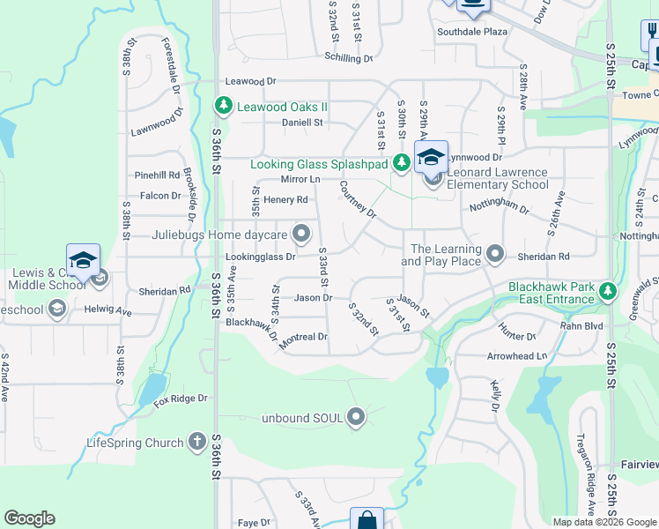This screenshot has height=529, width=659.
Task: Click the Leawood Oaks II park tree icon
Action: (224, 107)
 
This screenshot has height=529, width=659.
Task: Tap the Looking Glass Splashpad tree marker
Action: (401, 162)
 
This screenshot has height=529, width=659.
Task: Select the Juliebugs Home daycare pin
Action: (302, 234)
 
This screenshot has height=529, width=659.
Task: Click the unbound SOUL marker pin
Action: (356, 415)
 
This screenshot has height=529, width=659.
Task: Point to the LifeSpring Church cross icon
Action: (196, 442)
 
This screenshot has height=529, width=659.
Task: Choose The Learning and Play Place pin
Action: (495, 255)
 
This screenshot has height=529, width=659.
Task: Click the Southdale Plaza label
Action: (472, 31)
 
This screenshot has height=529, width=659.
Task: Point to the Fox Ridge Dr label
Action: (180, 399)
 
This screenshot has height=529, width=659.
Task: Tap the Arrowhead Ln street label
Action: (517, 356)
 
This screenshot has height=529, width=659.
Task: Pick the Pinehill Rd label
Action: (157, 175)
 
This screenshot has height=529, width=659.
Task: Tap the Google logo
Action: (29, 518)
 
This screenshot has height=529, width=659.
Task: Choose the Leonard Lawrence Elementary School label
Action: (497, 178)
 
